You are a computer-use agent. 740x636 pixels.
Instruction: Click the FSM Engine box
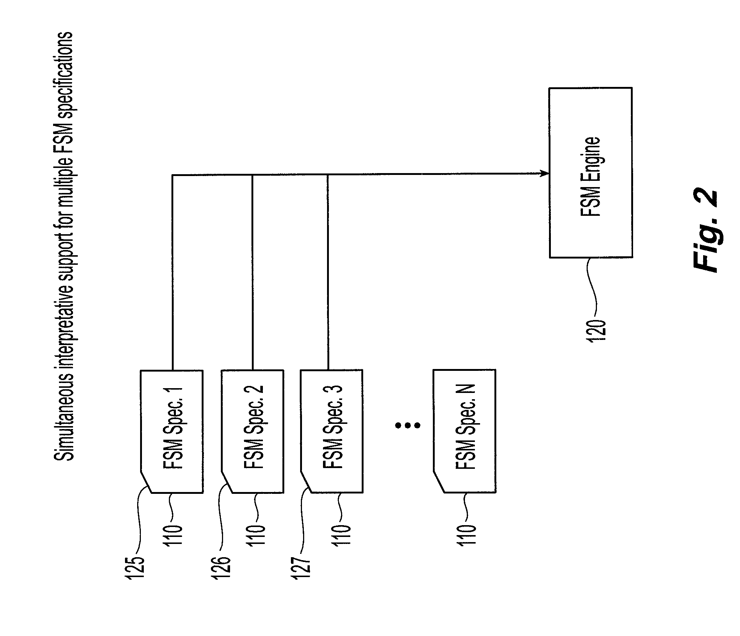point(591,172)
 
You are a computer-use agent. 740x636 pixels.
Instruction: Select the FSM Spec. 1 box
point(172,431)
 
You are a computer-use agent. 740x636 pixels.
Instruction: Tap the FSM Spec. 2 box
point(253,431)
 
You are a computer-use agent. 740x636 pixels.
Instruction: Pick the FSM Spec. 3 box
point(332,431)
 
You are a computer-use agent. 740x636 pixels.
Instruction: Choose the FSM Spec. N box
point(465,431)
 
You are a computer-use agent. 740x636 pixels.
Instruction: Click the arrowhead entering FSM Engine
point(545,173)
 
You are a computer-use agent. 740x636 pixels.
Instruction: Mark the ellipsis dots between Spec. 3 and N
point(407,425)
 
